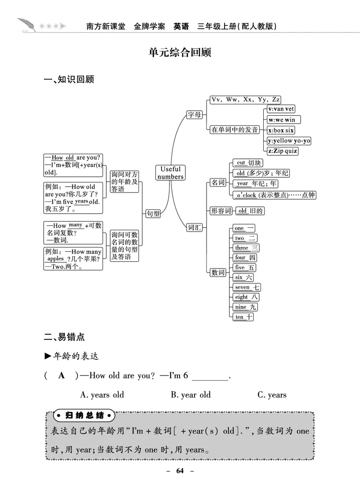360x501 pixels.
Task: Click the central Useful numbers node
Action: (x=171, y=173)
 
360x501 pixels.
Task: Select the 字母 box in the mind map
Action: (x=194, y=115)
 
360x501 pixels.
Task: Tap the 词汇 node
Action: (x=194, y=228)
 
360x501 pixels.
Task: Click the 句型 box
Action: (x=153, y=214)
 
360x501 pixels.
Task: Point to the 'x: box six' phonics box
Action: (x=281, y=130)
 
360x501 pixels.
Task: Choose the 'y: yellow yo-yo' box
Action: (x=289, y=141)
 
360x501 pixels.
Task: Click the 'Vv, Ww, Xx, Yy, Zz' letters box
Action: (x=245, y=100)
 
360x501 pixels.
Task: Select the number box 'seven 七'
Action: (x=247, y=287)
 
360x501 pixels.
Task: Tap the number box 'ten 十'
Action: (x=243, y=317)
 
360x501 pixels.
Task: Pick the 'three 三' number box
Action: (x=246, y=248)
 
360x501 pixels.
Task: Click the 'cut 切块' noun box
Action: (x=247, y=163)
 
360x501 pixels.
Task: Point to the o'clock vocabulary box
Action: (x=274, y=195)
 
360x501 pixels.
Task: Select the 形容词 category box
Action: (x=220, y=211)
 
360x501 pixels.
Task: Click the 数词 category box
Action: (x=218, y=273)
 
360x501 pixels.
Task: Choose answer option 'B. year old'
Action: (x=190, y=395)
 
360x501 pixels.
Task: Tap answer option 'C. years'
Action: (x=272, y=395)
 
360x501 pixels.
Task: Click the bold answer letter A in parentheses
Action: (x=62, y=376)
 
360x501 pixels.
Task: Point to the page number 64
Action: (x=180, y=471)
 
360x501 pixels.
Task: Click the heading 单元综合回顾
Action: (x=180, y=52)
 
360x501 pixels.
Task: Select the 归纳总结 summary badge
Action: (x=84, y=415)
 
